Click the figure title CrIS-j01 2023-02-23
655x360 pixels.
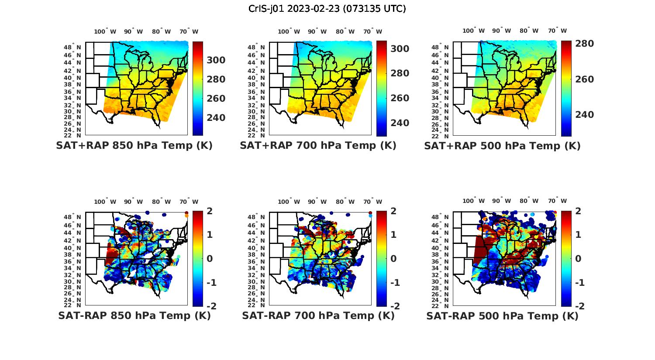327,9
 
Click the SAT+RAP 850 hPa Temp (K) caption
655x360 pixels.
134,146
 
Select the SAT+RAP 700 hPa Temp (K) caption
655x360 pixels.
318,146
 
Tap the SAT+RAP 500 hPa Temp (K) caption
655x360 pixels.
502,146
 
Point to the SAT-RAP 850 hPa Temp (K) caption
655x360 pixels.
134,315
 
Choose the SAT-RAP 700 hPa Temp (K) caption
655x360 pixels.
318,315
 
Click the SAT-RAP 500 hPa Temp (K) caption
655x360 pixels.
502,316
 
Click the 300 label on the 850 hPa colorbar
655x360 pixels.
216,60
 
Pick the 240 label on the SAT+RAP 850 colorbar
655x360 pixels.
216,118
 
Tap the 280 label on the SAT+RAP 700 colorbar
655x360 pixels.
400,73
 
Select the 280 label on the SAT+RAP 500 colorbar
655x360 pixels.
584,44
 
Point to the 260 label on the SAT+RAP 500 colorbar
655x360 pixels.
584,79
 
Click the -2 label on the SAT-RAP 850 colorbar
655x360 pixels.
211,306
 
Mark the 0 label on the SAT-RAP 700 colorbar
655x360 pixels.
393,258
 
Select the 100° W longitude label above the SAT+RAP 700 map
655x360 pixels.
289,31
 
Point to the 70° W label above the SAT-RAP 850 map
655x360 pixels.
189,202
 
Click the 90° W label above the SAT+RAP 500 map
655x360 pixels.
501,31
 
